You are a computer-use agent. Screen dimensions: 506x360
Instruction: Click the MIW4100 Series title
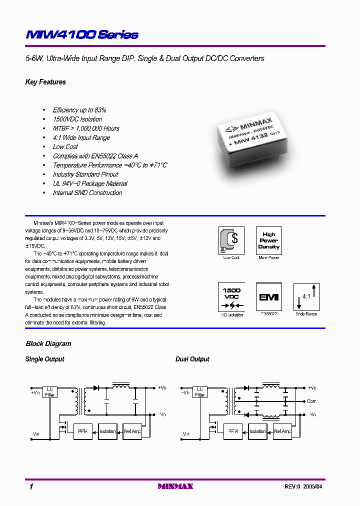click(x=81, y=35)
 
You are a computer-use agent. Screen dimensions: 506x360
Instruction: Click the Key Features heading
click(x=45, y=82)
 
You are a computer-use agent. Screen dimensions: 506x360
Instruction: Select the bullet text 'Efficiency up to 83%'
click(x=79, y=110)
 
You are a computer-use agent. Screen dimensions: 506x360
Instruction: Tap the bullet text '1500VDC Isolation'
click(x=77, y=119)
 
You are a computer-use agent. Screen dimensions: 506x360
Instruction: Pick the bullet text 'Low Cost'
click(x=65, y=147)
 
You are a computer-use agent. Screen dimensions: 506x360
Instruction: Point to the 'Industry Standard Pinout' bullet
click(x=85, y=174)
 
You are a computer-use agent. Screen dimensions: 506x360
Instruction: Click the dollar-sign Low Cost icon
click(x=231, y=240)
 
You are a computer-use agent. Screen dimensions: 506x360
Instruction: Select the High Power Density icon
click(x=268, y=240)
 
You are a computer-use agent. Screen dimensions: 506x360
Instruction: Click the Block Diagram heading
click(x=48, y=344)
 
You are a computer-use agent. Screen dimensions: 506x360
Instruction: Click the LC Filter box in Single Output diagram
click(x=50, y=391)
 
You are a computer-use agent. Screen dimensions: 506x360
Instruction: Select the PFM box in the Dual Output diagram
click(x=233, y=431)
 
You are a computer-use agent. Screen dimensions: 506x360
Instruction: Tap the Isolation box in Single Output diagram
click(x=107, y=431)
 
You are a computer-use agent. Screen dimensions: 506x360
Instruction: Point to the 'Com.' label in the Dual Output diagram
click(x=312, y=401)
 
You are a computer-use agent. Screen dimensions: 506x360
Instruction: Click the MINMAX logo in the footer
click(x=175, y=486)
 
